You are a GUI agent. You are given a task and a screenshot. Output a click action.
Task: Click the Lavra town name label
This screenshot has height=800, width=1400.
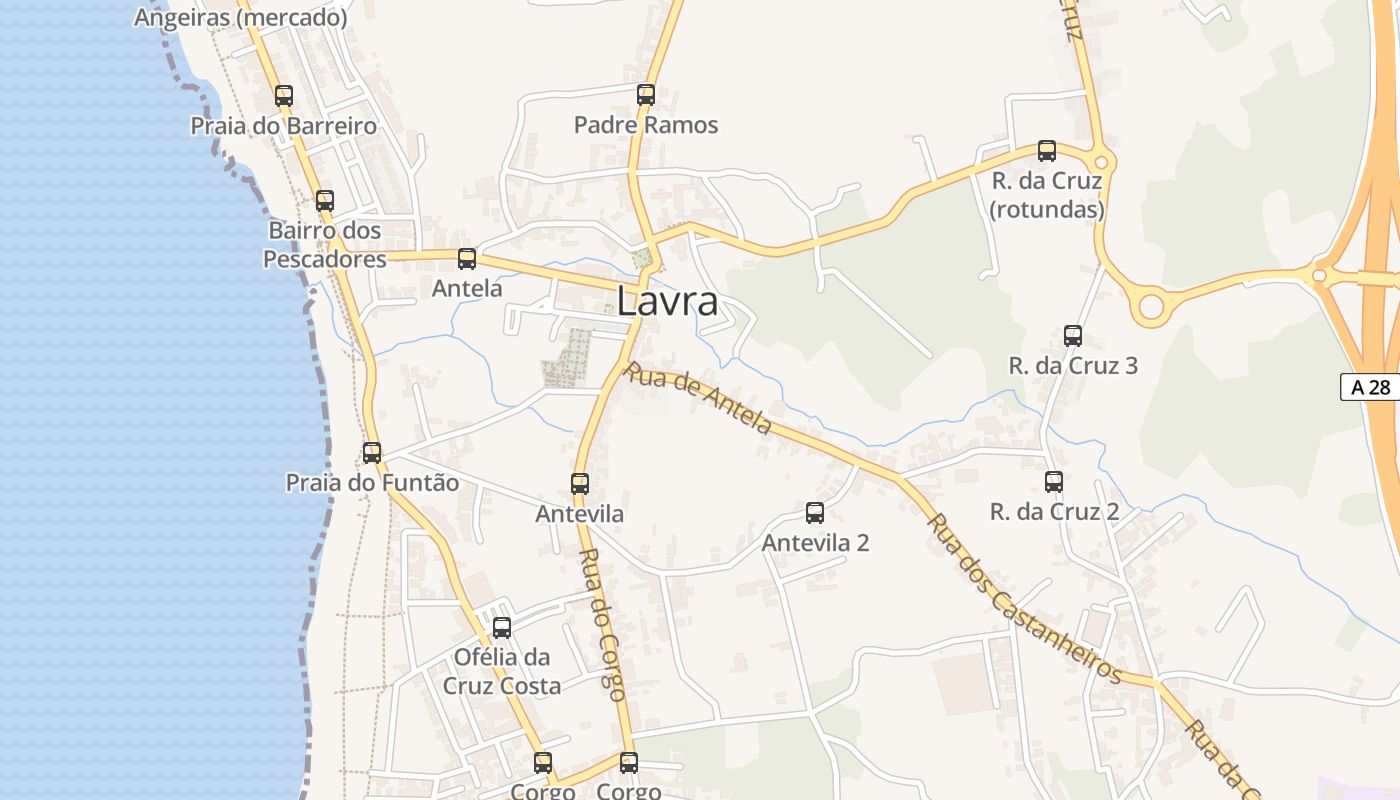pos(667,301)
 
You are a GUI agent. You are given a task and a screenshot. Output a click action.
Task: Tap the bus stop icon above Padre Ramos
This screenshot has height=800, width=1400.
pos(646,95)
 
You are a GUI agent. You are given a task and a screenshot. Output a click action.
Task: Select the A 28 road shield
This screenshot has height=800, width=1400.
pos(1370,387)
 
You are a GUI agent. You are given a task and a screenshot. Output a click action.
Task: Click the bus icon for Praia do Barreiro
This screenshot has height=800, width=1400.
pos(284,96)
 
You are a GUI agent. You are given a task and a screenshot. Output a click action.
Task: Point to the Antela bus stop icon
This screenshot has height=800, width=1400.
pos(467,259)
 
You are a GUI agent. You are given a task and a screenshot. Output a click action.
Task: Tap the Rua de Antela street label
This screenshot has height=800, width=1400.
pos(698,399)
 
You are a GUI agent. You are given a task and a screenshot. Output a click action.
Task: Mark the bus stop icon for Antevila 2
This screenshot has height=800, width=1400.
pos(815,513)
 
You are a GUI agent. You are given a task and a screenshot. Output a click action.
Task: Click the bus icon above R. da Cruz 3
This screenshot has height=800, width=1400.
pos(1073,336)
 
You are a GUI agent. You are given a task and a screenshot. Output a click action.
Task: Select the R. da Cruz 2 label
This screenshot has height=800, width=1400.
pos(1054,512)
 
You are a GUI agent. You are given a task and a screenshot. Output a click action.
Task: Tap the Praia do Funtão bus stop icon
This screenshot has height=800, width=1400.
pos(372,453)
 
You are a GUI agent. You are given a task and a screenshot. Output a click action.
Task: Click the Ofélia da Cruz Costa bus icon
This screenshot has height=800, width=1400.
pos(502,628)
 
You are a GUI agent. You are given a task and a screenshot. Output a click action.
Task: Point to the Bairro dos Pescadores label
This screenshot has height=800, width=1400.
pos(325,245)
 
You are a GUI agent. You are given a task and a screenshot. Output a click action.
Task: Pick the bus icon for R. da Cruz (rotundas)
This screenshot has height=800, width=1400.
pos(1047,151)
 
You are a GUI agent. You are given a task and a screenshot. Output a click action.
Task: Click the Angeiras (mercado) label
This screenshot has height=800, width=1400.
pos(241,17)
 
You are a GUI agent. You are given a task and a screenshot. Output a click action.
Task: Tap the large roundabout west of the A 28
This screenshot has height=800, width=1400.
pos(1152,306)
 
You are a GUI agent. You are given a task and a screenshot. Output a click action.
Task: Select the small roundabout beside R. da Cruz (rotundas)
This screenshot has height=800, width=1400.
pos(1102,162)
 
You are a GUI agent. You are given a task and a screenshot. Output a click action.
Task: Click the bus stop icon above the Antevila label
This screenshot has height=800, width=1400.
pos(580,484)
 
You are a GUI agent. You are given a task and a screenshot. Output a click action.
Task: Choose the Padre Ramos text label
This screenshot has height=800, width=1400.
pos(646,125)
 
